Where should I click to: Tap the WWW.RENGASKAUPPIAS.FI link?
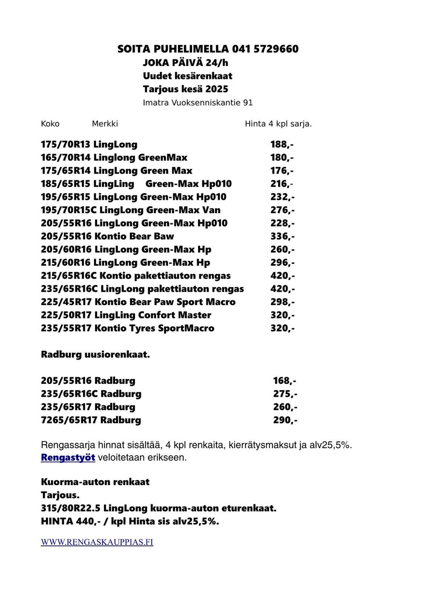[x=97, y=542]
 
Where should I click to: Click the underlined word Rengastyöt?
[x=68, y=458]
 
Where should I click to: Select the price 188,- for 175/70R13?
[x=282, y=144]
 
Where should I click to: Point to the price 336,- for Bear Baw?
[x=282, y=236]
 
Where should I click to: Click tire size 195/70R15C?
[x=68, y=210]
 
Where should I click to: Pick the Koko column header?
[x=50, y=124]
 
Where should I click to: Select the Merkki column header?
[x=105, y=124]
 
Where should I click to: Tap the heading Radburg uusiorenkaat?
[x=95, y=355]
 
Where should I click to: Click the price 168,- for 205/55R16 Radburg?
[x=284, y=381]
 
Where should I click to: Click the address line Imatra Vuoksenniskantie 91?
[x=198, y=103]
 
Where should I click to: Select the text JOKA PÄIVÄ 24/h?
[x=185, y=63]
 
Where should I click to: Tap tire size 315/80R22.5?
[x=70, y=508]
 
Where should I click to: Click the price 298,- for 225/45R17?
[x=282, y=302]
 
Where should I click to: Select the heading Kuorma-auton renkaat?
[x=95, y=482]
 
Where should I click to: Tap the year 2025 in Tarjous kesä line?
[x=217, y=89]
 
